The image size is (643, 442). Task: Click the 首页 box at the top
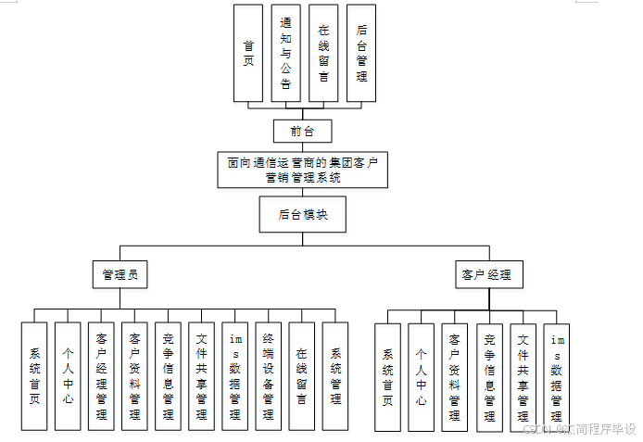tap(248, 53)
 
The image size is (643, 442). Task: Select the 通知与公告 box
tap(286, 53)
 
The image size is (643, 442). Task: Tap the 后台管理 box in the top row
tap(360, 53)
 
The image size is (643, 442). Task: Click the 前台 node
tap(302, 131)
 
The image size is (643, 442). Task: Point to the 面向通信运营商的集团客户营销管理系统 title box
tap(302, 170)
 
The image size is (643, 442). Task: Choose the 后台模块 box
tap(302, 214)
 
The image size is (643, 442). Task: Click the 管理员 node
tap(120, 274)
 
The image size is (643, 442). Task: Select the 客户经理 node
tap(488, 274)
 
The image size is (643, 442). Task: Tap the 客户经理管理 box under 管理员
tap(101, 375)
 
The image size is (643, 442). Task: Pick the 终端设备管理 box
tap(268, 375)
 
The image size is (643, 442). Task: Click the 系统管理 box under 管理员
tap(334, 375)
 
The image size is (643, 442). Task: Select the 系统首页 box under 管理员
tap(34, 375)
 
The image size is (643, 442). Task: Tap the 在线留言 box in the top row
tap(323, 53)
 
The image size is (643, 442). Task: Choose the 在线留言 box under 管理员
tap(301, 375)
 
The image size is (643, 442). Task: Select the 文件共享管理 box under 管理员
tap(201, 375)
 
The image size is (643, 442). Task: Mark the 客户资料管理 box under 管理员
tap(134, 375)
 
